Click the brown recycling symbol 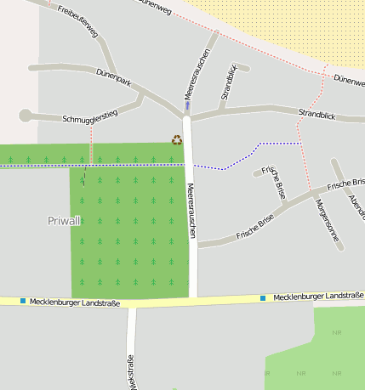[177, 139]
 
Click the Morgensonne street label [327, 221]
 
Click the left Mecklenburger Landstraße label [75, 302]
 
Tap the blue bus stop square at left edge [21, 301]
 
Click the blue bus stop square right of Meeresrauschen [263, 297]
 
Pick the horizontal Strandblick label [319, 113]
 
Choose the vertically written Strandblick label [228, 82]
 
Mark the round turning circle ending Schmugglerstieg [25, 115]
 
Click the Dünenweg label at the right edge [349, 81]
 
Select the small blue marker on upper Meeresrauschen [187, 106]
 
